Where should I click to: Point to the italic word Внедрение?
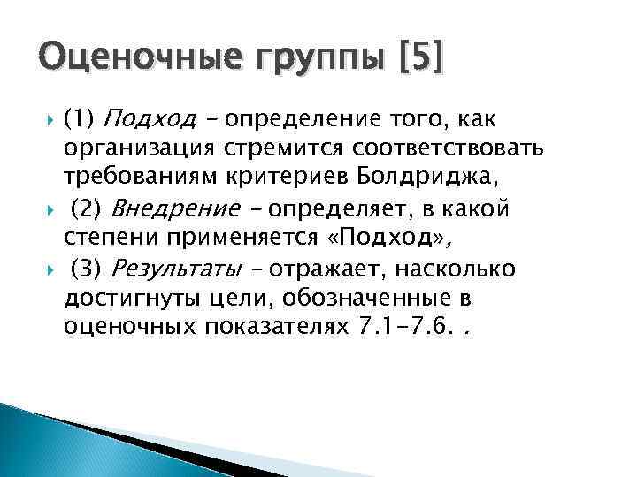161,209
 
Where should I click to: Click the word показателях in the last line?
277,327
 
